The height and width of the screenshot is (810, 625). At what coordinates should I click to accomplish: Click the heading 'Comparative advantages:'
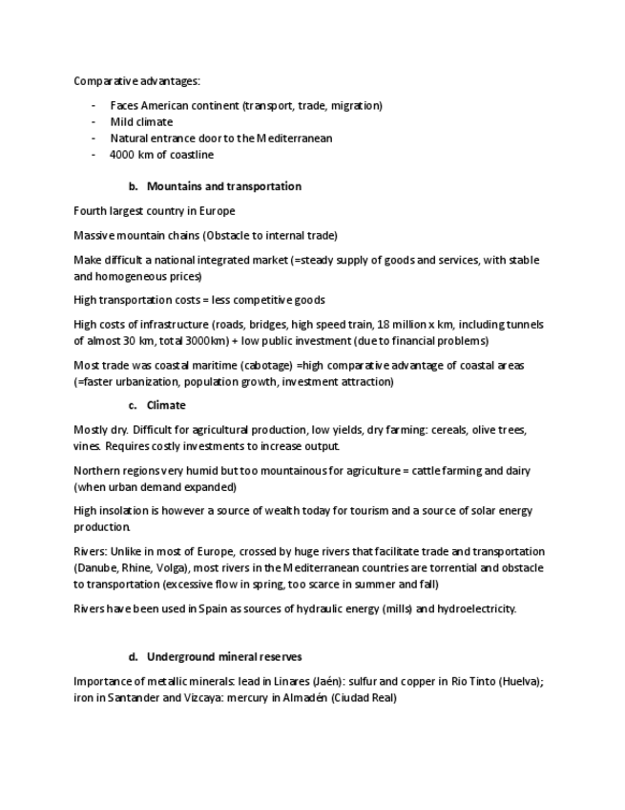point(136,81)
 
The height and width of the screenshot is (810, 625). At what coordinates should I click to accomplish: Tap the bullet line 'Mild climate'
point(141,122)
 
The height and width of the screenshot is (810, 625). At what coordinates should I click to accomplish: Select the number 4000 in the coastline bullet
point(122,155)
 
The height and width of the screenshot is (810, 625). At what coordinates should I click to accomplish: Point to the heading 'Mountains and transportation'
point(223,186)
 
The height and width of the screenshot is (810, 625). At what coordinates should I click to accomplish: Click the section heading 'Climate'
point(166,405)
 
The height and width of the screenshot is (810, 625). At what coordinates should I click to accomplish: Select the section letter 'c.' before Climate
point(134,405)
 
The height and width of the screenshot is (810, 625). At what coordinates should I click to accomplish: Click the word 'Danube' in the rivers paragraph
point(99,567)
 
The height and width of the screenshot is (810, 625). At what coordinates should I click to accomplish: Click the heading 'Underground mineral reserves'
point(224,657)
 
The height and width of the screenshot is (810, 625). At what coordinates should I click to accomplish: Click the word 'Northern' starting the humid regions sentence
point(95,471)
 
